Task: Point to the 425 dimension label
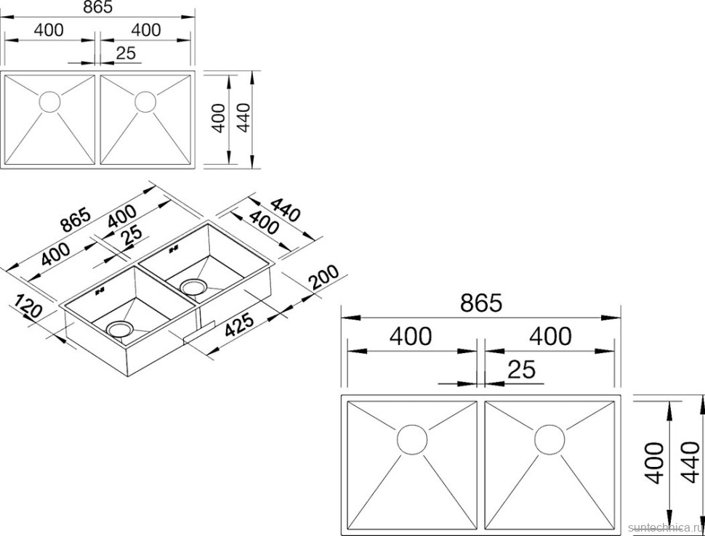(239, 325)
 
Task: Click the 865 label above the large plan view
(480, 304)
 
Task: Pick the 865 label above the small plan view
(98, 7)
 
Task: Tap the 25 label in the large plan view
(522, 370)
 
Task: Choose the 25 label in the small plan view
(126, 53)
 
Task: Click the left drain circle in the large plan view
(412, 439)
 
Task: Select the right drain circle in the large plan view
(549, 439)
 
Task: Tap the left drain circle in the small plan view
(50, 102)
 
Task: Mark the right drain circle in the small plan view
(145, 102)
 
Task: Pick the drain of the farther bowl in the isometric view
(193, 286)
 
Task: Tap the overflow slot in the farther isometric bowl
(174, 248)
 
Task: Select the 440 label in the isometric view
(285, 210)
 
